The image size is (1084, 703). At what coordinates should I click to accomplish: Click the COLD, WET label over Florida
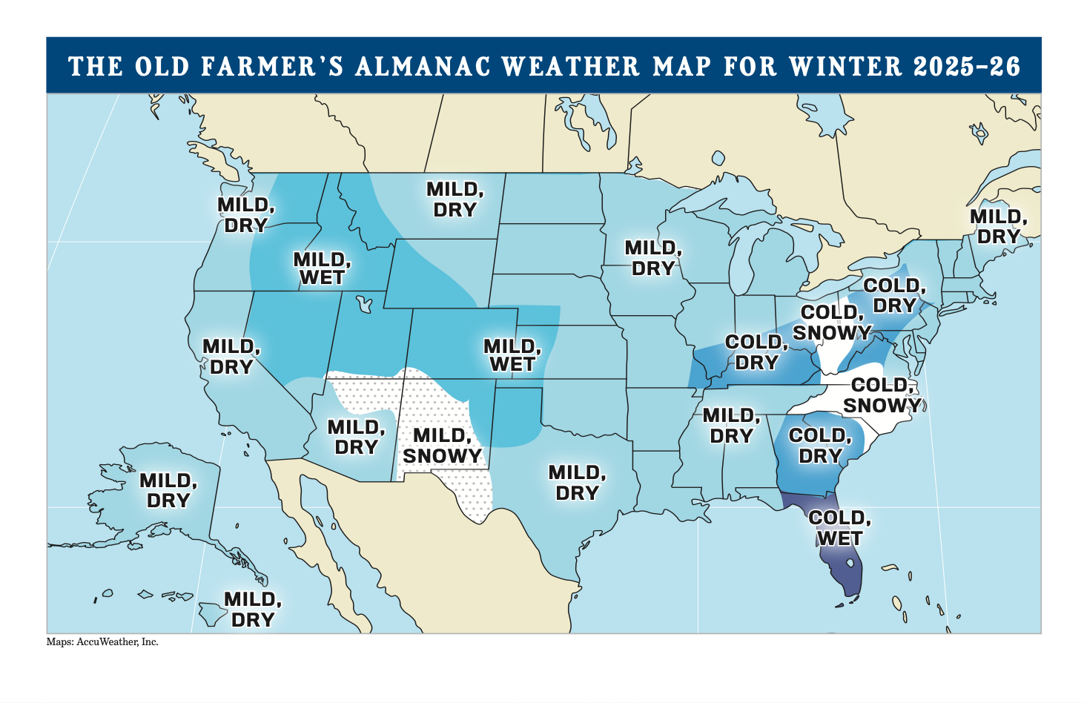point(839,528)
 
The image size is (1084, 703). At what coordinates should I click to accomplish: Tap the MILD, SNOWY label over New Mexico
point(442,446)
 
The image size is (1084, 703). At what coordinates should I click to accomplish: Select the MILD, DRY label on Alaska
point(168,491)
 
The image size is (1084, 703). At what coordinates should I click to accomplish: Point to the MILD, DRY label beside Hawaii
point(253,609)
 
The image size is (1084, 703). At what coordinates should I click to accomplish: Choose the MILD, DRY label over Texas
point(577,483)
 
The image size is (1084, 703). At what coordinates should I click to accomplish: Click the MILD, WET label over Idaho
point(322,268)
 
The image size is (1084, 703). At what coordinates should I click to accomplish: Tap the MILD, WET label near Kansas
point(512,356)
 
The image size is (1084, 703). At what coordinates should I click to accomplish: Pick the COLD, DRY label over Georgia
point(820,446)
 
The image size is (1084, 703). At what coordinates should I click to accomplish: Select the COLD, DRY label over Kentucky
point(756,352)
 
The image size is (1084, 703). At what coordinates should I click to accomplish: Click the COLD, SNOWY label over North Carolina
point(882,395)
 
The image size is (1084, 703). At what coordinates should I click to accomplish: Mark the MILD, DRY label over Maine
point(998,227)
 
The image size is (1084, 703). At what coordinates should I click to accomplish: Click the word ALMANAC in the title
point(423,67)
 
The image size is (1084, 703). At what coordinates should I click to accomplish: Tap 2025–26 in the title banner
point(967,67)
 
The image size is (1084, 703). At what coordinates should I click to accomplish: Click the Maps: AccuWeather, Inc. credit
point(102,642)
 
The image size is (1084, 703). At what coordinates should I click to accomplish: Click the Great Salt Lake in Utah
point(363,304)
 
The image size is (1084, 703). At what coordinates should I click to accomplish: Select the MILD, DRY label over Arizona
point(356,438)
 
